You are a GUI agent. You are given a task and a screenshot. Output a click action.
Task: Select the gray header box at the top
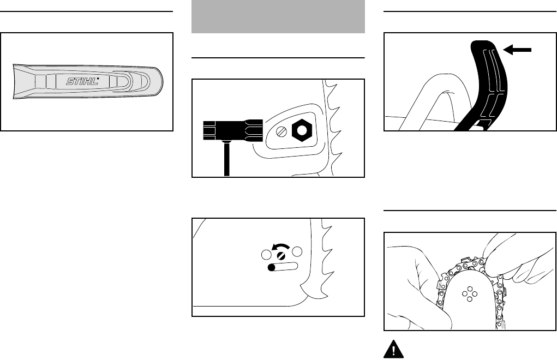click(x=278, y=16)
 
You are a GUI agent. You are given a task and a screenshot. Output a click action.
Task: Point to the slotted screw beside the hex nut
click(x=280, y=131)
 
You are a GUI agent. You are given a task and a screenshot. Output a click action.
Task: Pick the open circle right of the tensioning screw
click(x=297, y=253)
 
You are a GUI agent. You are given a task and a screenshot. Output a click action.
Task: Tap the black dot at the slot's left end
click(x=272, y=268)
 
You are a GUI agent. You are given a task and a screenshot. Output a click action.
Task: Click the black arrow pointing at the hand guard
click(x=518, y=50)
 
